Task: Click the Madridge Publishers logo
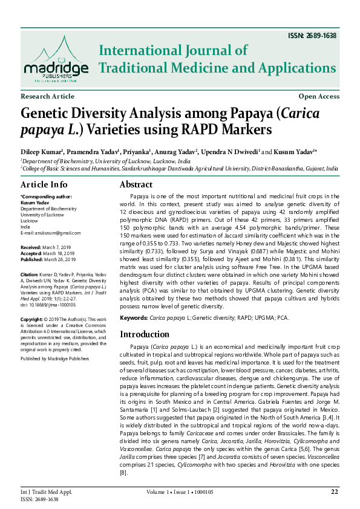56,58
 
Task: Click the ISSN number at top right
312,36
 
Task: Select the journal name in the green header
217,59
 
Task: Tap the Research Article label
48,97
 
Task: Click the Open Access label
319,97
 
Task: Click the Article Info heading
44,184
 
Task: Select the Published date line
48,259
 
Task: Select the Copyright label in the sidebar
33,319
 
